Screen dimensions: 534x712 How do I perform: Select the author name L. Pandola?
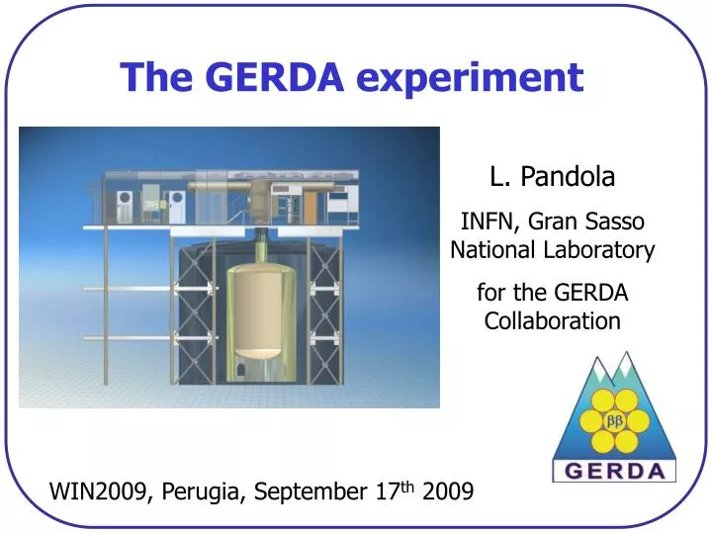(x=552, y=177)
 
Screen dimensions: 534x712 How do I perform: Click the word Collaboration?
(x=552, y=321)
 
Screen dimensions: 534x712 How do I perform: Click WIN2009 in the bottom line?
(x=96, y=490)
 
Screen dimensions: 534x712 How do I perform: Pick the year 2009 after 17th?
(x=447, y=490)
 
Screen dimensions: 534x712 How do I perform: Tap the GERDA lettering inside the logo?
(x=613, y=470)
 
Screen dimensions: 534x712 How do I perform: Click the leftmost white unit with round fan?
(x=123, y=205)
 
